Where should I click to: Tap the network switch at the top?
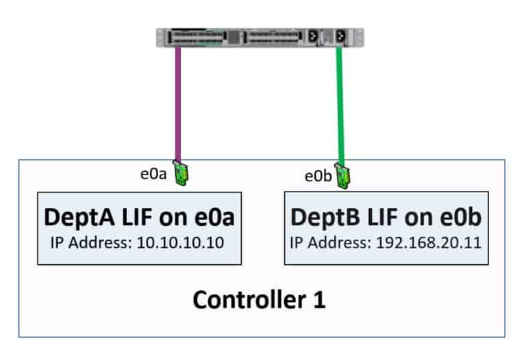pyautogui.click(x=260, y=38)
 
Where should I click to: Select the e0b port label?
pyautogui.click(x=318, y=176)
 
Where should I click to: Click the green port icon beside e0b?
pyautogui.click(x=344, y=175)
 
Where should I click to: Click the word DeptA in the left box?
pyautogui.click(x=76, y=218)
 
